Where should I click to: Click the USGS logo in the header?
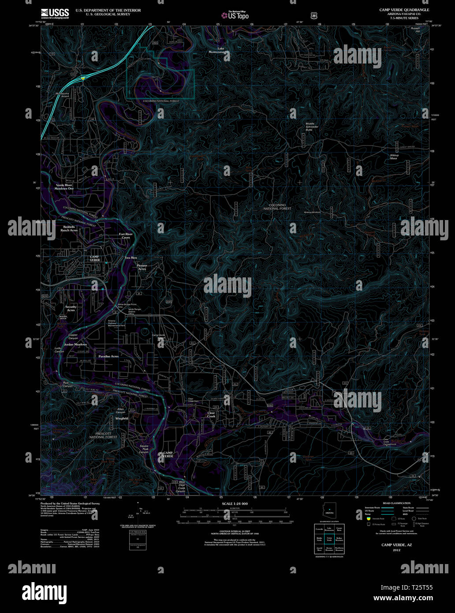click(55, 13)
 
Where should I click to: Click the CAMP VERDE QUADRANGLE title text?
click(404, 10)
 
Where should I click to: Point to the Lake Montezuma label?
click(218, 50)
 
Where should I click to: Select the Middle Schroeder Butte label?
click(312, 127)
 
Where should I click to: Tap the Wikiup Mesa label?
click(394, 157)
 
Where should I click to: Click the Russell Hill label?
click(415, 30)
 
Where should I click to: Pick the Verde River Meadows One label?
click(64, 187)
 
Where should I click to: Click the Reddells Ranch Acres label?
click(69, 228)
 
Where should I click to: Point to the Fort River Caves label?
click(126, 235)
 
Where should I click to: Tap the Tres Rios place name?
click(131, 258)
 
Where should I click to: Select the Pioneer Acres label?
click(142, 267)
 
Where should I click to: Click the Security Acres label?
click(71, 308)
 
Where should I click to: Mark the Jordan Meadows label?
click(75, 344)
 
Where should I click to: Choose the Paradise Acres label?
click(108, 356)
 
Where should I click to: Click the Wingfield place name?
click(122, 418)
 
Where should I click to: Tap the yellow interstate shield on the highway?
click(83, 78)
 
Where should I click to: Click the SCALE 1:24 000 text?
click(235, 504)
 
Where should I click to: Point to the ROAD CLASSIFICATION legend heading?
click(396, 503)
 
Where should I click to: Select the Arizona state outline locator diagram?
click(329, 510)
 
